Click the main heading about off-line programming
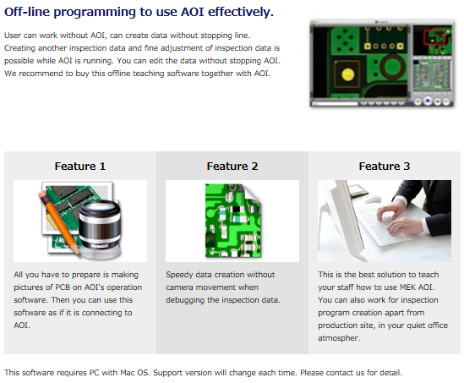[139, 12]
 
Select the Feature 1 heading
[80, 166]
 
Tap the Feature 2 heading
[232, 166]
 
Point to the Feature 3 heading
[385, 166]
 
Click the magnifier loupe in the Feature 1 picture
[100, 226]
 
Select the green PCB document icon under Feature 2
[233, 221]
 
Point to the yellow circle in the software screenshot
[347, 74]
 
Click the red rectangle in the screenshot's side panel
[434, 37]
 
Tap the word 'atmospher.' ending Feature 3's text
[339, 338]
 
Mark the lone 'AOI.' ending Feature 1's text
[22, 326]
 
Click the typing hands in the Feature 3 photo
[395, 217]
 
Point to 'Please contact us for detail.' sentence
[351, 373]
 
